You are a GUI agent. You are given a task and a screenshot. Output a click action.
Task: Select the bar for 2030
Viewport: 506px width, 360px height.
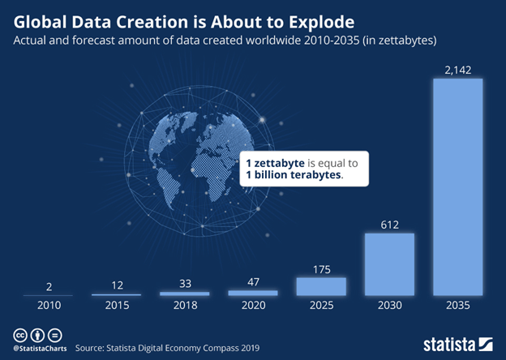point(389,264)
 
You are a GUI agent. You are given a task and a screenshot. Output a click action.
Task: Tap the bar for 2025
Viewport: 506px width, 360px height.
point(320,286)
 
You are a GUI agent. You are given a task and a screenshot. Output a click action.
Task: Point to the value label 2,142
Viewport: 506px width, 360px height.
point(458,71)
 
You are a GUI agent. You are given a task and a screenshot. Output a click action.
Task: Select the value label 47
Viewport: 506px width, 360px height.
point(252,282)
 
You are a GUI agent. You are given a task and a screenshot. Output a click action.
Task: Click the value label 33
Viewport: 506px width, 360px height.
point(184,284)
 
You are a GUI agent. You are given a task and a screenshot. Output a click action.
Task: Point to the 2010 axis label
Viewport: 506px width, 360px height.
point(48,306)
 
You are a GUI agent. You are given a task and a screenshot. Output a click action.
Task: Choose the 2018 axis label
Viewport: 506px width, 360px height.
point(184,306)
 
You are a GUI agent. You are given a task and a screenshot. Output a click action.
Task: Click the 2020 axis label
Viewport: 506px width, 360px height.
point(252,306)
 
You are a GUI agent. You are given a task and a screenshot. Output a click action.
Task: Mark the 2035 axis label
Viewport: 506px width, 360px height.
point(458,306)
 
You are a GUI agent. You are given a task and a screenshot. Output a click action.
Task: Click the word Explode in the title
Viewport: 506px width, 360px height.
point(288,16)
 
